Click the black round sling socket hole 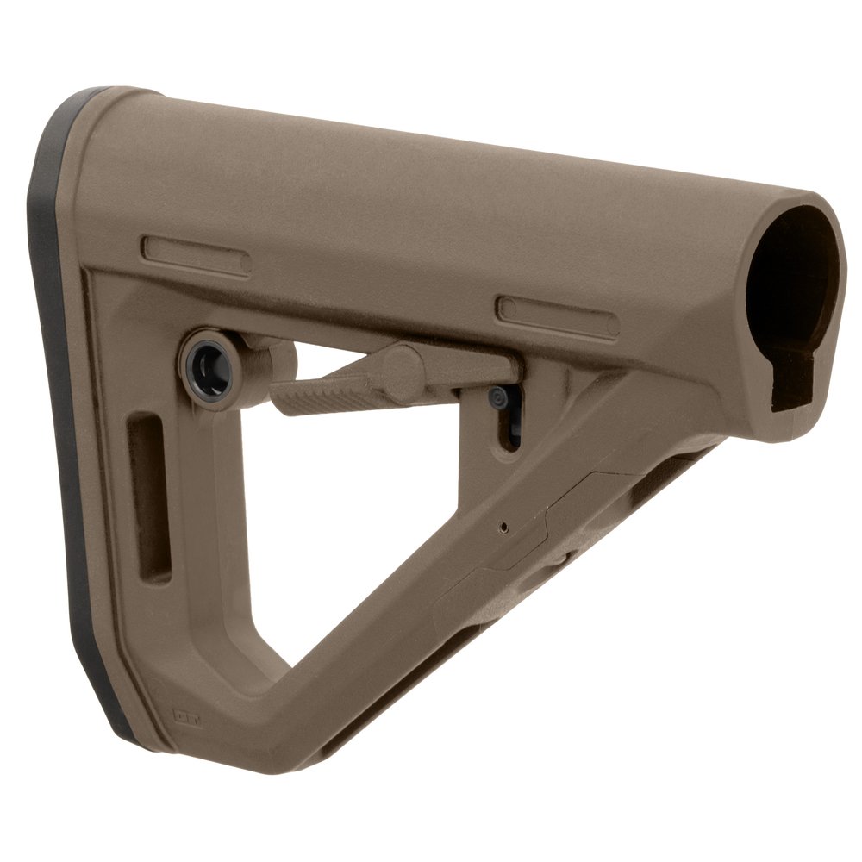[208, 356]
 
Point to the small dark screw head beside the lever [497, 396]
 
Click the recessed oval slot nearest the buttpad [196, 256]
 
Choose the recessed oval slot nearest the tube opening [558, 317]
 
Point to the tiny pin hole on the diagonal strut [507, 523]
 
